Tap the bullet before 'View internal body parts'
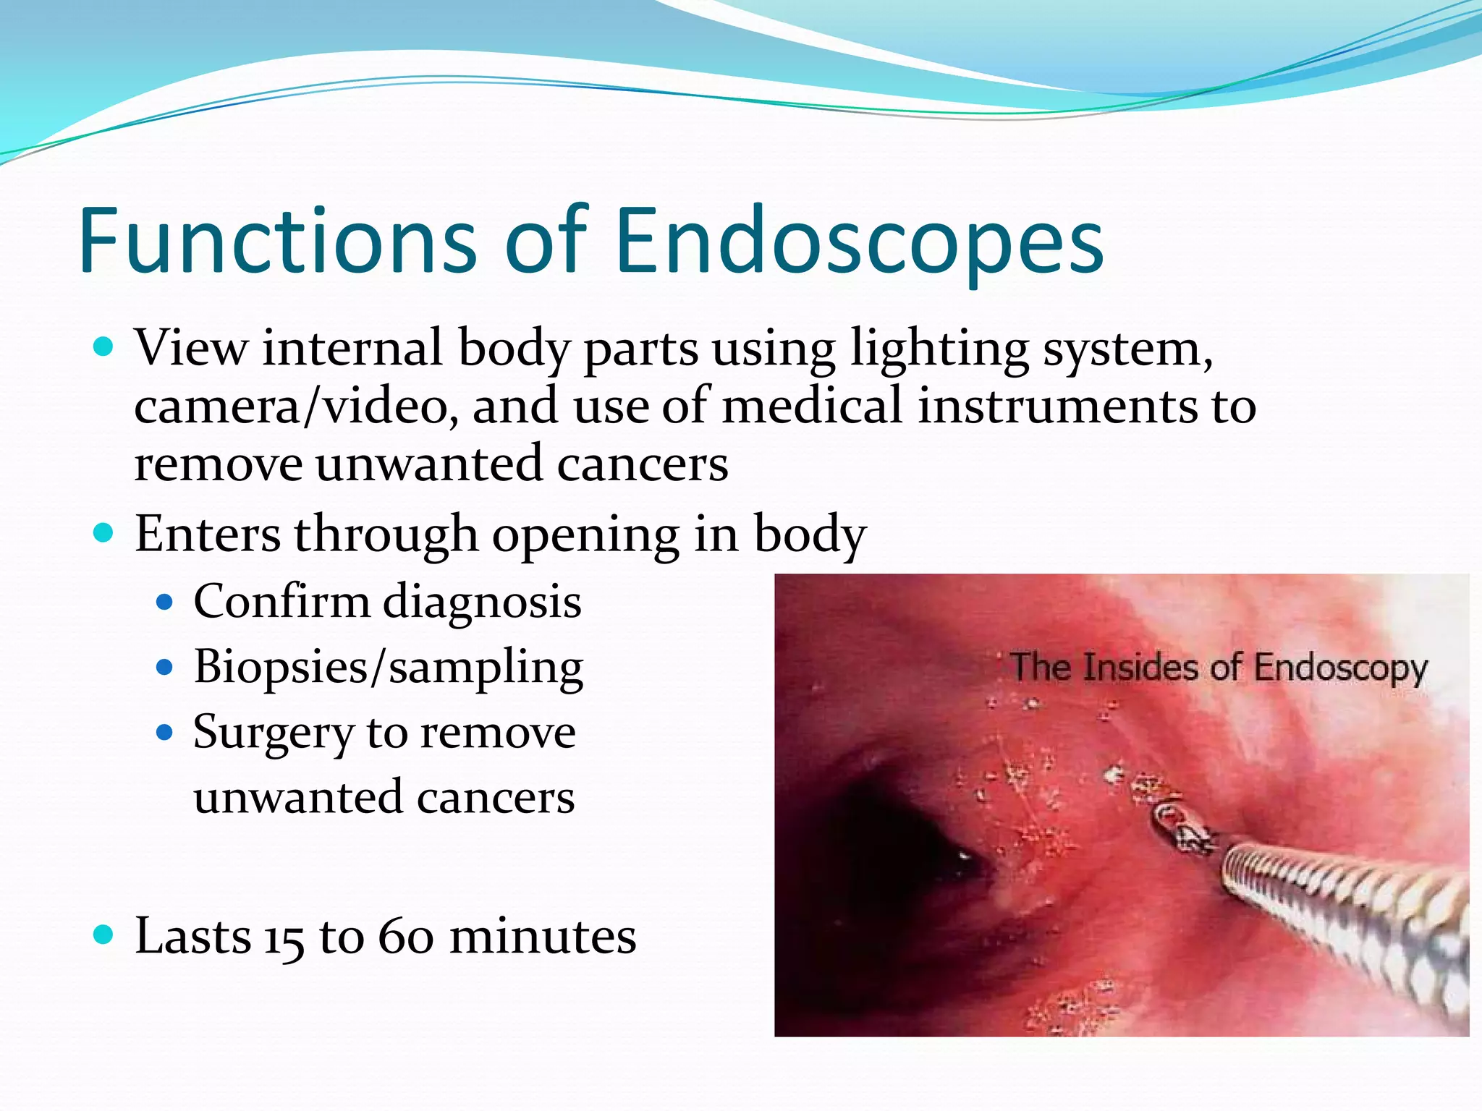coord(104,347)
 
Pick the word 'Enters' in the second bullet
coord(208,534)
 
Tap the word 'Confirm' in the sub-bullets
coord(281,601)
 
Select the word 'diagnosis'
coord(482,603)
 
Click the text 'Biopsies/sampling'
coord(388,667)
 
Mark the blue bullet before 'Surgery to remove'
coord(165,733)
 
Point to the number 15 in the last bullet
coord(284,938)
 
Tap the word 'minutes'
coord(543,937)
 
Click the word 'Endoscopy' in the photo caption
coord(1340,668)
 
